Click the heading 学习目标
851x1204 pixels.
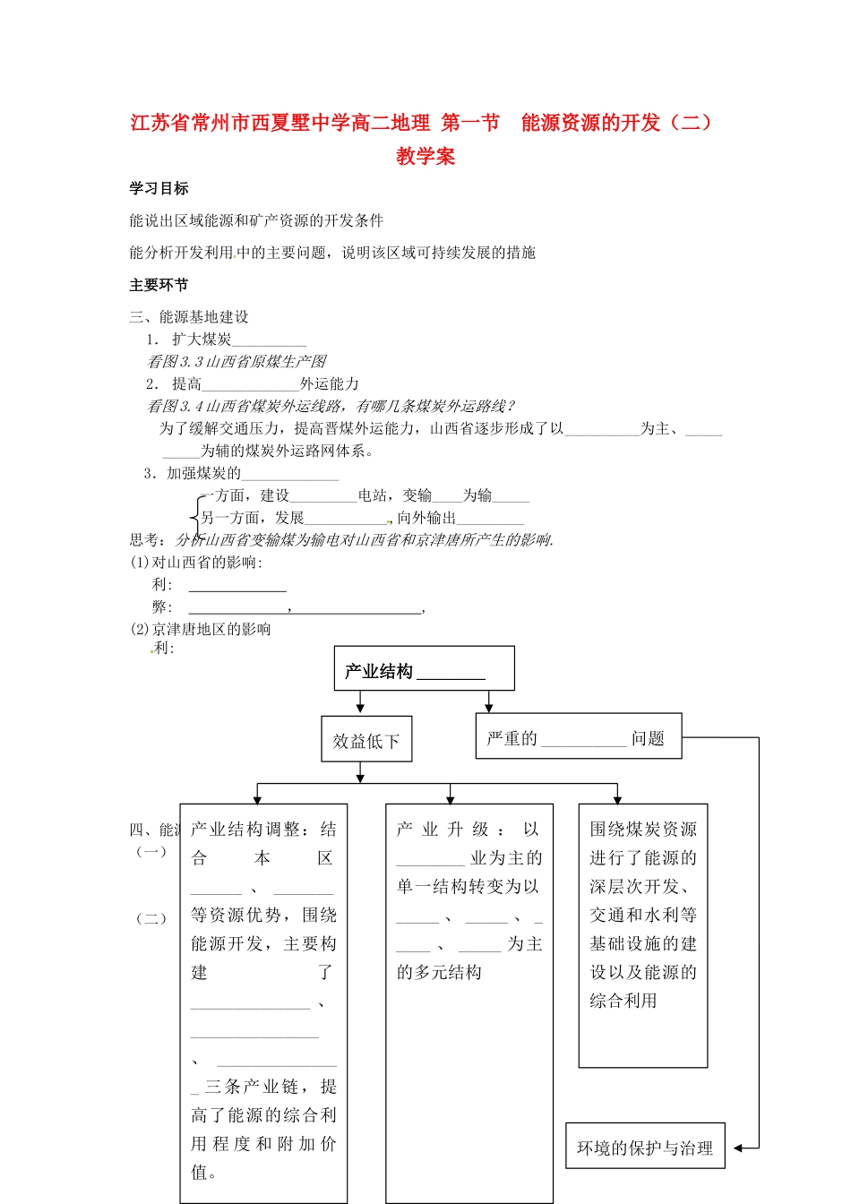pyautogui.click(x=159, y=188)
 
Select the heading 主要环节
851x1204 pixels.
pyautogui.click(x=159, y=285)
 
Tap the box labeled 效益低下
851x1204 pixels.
pyautogui.click(x=366, y=740)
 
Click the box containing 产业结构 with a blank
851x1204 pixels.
pyautogui.click(x=424, y=669)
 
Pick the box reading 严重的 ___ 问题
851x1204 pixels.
pyautogui.click(x=578, y=736)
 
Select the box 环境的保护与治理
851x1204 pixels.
pyautogui.click(x=644, y=1148)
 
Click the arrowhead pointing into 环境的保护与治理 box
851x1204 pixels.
pyautogui.click(x=738, y=1148)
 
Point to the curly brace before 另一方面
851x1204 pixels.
pyautogui.click(x=195, y=515)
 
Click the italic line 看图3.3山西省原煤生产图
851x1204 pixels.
pyautogui.click(x=236, y=361)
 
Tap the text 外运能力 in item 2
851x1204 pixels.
pyautogui.click(x=330, y=383)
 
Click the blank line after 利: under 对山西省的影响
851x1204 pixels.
pyautogui.click(x=237, y=588)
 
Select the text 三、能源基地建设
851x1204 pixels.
pyautogui.click(x=189, y=316)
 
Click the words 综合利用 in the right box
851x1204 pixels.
pyautogui.click(x=623, y=1001)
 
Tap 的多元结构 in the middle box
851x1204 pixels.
pyautogui.click(x=440, y=972)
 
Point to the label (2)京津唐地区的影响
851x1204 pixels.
pyautogui.click(x=201, y=629)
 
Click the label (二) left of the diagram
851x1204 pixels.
pyautogui.click(x=151, y=918)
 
